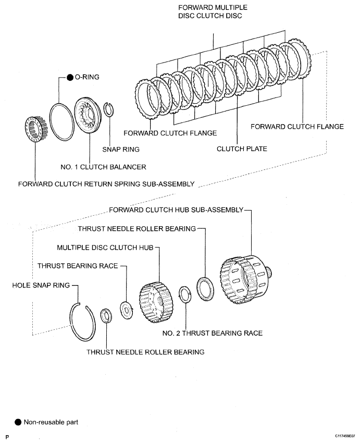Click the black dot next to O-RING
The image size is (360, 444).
(x=69, y=77)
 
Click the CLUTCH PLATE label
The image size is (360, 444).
(x=242, y=149)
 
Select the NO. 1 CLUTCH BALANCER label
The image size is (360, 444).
(x=103, y=167)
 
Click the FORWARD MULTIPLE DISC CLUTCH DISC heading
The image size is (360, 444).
(x=213, y=11)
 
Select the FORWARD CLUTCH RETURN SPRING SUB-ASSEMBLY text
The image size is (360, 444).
(x=106, y=184)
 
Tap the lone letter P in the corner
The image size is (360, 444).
(x=7, y=435)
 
